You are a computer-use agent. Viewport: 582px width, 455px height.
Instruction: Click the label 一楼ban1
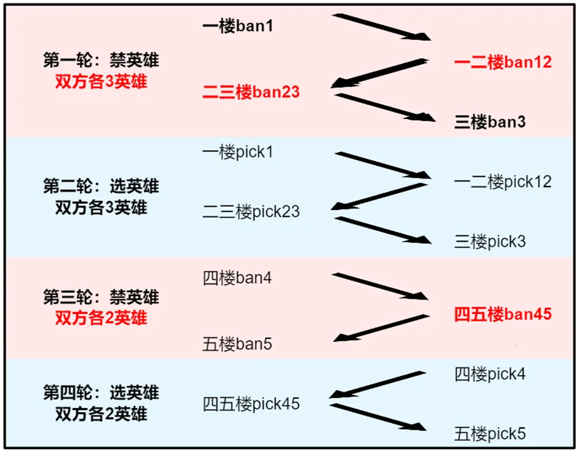[238, 26]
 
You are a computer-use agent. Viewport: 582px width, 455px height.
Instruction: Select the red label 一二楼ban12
[503, 62]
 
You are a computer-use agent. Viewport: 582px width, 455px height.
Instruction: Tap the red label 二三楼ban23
[251, 92]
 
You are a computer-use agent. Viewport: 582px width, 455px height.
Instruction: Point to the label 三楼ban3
[490, 122]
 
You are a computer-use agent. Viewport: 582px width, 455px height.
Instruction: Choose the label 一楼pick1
[238, 152]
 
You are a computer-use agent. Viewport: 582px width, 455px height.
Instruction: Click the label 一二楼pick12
[503, 182]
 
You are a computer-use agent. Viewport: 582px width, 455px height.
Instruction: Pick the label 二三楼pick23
[251, 212]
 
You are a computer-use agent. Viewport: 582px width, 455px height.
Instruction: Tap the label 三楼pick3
[490, 241]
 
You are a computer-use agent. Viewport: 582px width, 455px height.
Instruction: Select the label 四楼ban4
[237, 278]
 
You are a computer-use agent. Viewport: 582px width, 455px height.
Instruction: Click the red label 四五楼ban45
[503, 315]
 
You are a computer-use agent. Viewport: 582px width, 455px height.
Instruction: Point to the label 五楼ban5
[237, 344]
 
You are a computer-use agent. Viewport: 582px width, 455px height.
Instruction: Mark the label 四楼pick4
[490, 374]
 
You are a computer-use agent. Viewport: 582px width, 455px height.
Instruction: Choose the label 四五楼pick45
[251, 404]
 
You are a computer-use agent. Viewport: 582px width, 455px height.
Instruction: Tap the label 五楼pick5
[490, 434]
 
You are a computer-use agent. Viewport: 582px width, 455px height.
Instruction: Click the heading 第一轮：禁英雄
[101, 60]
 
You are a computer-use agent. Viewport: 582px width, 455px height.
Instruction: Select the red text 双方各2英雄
[101, 318]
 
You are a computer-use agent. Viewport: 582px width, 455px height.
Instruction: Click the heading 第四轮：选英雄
[101, 393]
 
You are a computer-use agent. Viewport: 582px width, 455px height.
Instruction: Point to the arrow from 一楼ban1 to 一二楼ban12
[381, 27]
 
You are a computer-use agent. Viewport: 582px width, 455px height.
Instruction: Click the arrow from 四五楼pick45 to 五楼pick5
[378, 417]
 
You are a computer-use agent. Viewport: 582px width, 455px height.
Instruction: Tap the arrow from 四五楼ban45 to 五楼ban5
[381, 328]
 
